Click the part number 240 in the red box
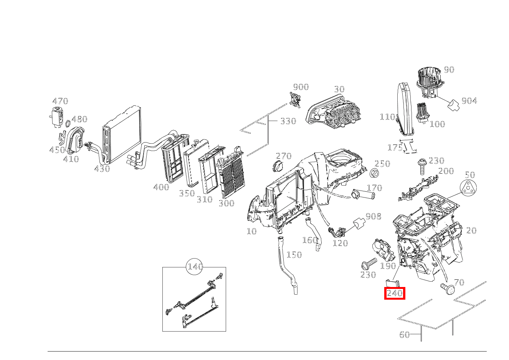[x=395, y=294]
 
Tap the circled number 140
[x=195, y=267]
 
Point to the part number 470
[x=60, y=101]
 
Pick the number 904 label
[x=469, y=101]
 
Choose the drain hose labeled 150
[x=287, y=265]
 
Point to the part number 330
[x=288, y=121]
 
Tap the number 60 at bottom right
[x=405, y=335]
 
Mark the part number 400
[x=161, y=187]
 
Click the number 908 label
[x=373, y=217]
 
